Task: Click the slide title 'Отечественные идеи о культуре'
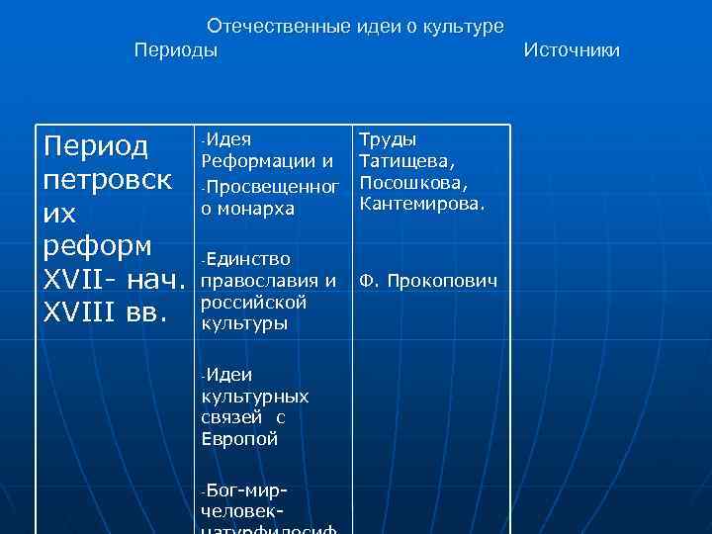pos(355,26)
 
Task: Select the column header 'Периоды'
pos(176,49)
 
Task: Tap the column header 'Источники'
pos(572,49)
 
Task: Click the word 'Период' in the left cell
pos(97,147)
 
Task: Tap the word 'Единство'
pos(249,259)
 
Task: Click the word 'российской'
pos(253,302)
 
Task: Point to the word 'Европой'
pos(238,439)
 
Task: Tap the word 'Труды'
pos(388,139)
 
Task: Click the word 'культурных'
pos(254,397)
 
